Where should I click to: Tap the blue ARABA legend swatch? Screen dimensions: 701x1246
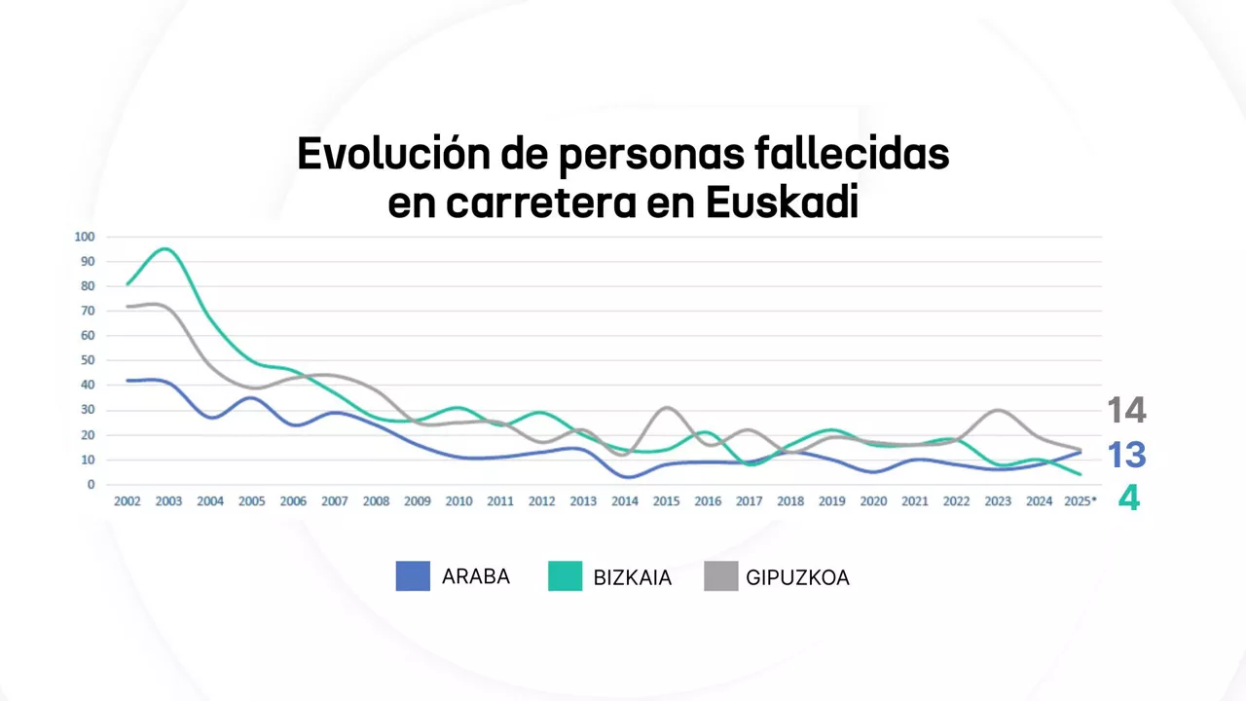coord(413,576)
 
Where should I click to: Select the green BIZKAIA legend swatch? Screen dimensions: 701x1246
coord(565,576)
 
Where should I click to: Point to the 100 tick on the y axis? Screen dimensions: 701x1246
coord(84,237)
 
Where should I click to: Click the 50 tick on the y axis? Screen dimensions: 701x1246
coord(87,360)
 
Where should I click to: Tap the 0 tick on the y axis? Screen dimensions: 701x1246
coord(91,484)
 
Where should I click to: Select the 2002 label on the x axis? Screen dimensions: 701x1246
coord(128,501)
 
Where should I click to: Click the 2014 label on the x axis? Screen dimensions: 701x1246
coord(625,501)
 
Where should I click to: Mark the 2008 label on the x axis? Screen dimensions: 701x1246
coord(376,501)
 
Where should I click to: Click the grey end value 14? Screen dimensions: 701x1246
coord(1127,411)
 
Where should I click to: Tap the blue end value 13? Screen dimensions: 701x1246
coord(1127,455)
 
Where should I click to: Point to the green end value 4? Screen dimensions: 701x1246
coord(1128,498)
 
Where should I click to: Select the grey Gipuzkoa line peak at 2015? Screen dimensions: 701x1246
coord(667,408)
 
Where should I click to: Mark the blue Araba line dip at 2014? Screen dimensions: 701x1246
coord(626,477)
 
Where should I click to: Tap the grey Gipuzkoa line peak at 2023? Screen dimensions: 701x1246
coord(998,410)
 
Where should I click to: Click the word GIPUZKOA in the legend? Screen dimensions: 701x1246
coord(797,577)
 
